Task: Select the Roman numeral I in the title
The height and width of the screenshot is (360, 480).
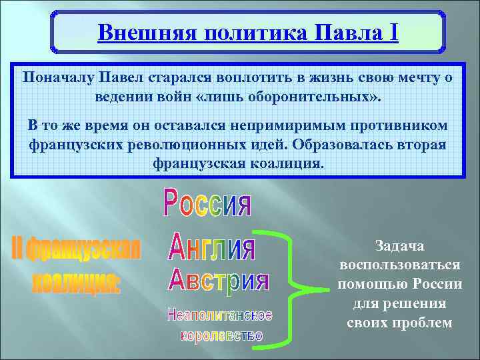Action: [x=394, y=32]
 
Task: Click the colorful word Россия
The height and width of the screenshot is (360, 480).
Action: [x=208, y=203]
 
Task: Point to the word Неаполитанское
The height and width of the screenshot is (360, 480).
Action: [x=220, y=315]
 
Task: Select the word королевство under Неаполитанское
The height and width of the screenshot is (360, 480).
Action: [x=221, y=335]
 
